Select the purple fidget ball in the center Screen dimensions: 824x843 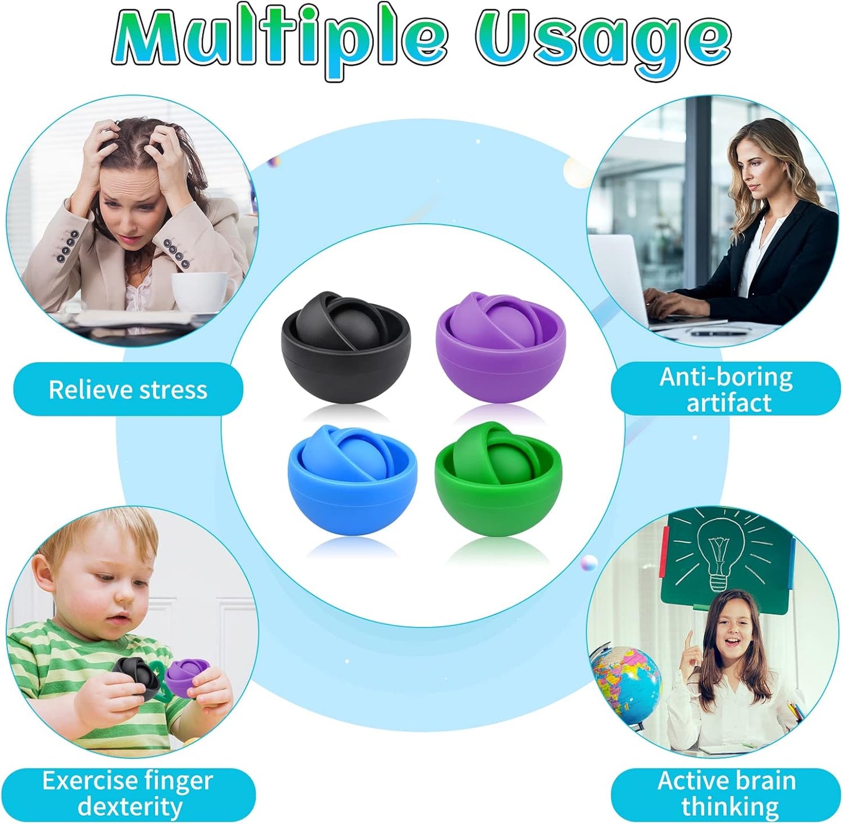pos(501,348)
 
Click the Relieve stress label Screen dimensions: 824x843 pos(128,390)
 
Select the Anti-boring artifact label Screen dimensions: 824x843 pos(726,390)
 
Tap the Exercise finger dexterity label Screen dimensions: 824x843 pos(128,794)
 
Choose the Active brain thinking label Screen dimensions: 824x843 pos(727,794)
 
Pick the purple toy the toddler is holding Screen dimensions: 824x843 pos(187,676)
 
